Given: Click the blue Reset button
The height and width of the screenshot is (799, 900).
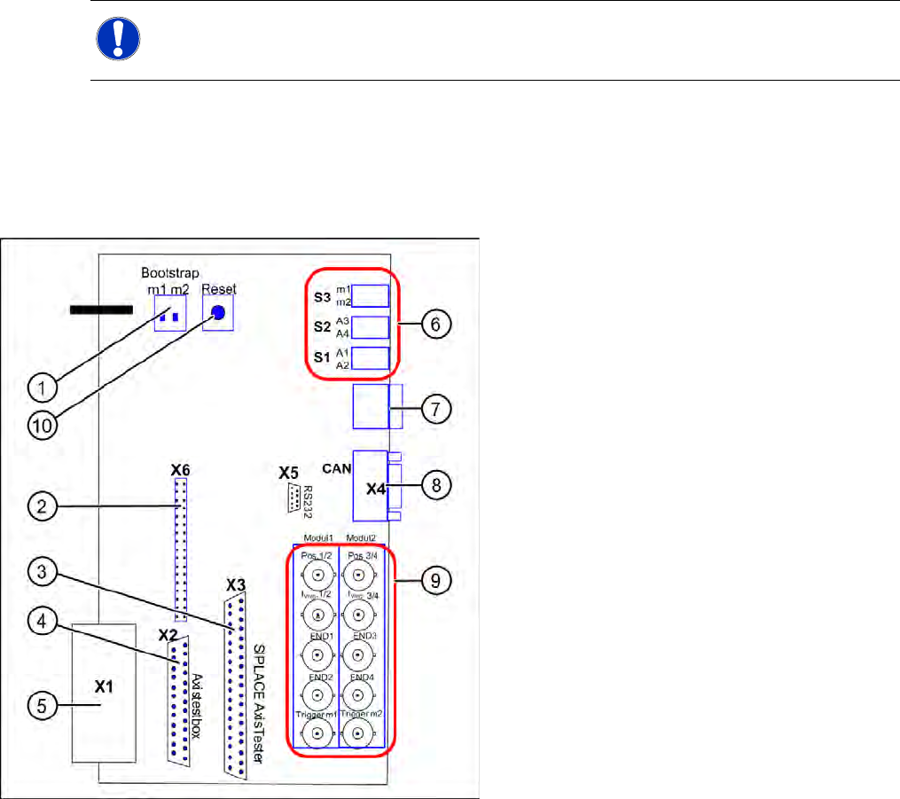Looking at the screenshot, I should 218,313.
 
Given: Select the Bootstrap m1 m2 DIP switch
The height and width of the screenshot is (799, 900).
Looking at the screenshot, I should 170,314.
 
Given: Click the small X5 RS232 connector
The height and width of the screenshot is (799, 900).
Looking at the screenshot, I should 291,500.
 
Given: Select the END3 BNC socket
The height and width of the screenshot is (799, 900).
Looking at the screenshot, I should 357,656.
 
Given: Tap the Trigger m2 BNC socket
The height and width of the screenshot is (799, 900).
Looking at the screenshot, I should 357,733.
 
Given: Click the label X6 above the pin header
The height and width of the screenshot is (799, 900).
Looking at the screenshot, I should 181,467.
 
